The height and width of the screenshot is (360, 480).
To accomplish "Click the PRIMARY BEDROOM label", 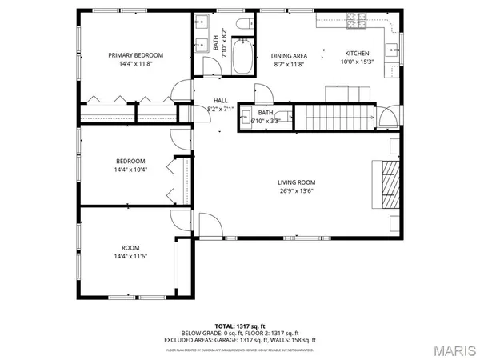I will point(136,55).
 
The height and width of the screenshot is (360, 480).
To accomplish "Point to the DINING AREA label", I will point(287,55).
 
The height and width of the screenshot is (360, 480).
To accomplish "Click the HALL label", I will point(220,101).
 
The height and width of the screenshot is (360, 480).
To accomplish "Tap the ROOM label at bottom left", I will point(130,247).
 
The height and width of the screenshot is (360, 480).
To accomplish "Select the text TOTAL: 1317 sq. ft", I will point(240,327).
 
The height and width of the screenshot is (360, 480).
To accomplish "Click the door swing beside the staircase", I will point(387,121).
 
